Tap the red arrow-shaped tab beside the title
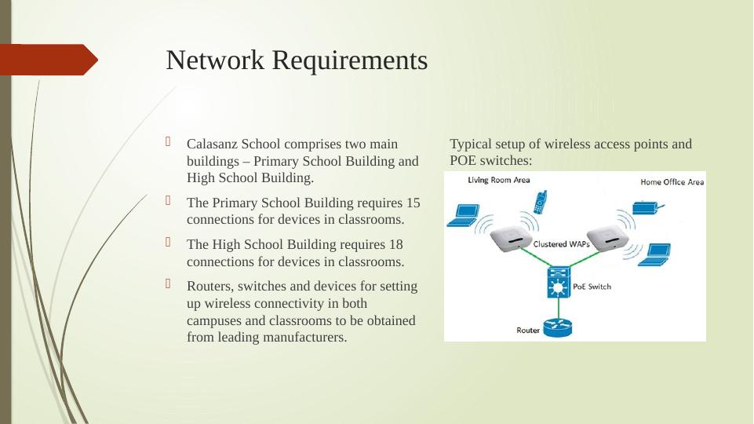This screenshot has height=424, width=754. coord(49,60)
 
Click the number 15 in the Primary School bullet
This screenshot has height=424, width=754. coord(413,203)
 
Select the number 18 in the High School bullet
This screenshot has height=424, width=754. coord(395,245)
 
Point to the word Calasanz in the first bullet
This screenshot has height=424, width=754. coord(210,144)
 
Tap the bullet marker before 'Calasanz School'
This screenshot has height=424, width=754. coord(169,143)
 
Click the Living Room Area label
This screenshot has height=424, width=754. coord(499,180)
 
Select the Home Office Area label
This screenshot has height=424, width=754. coord(672,182)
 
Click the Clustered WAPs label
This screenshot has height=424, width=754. coord(562,244)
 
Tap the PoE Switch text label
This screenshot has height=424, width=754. coord(593,287)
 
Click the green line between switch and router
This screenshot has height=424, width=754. coord(559,307)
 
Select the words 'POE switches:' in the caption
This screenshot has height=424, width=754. coord(490,160)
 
